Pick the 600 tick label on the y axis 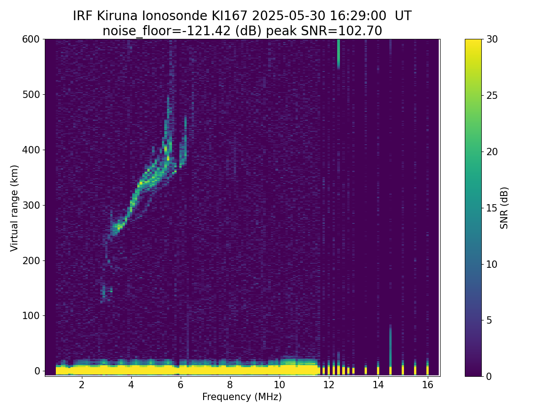pos(31,39)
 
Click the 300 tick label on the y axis pos(31,205)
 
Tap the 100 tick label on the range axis pos(31,315)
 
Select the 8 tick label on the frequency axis pos(230,385)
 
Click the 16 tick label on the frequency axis pos(427,385)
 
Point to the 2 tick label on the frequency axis pos(81,385)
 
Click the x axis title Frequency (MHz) pos(242,397)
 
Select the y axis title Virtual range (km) pos(15,208)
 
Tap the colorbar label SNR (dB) pos(504,208)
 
